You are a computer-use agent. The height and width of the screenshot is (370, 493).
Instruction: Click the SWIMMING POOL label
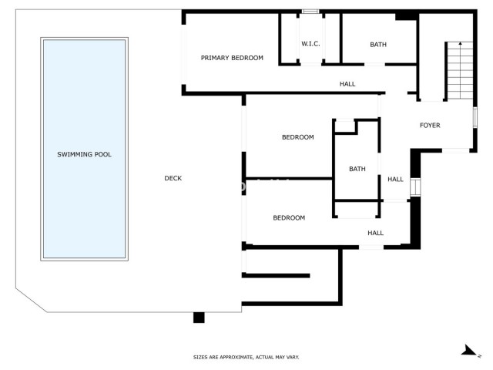[84, 154]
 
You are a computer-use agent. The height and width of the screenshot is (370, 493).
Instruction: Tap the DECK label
[173, 179]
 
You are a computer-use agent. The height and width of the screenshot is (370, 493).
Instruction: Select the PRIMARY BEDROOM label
[232, 58]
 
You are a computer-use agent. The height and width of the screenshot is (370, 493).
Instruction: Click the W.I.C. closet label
[310, 44]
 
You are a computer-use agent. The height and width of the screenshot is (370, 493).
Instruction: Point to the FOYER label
[430, 125]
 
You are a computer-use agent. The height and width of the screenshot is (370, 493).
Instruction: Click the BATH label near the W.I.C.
[378, 45]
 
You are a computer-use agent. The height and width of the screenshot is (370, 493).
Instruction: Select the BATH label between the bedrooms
[357, 169]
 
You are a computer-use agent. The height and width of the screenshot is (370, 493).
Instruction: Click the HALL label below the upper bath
[347, 83]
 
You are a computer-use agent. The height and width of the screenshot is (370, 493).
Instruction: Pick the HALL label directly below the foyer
[395, 180]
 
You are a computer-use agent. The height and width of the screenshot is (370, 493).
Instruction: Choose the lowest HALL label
[375, 233]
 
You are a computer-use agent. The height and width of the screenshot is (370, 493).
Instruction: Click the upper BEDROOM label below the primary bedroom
[297, 137]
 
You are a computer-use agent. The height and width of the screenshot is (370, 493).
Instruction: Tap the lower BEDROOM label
[289, 217]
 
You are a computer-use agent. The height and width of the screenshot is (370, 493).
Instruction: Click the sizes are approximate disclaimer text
[246, 357]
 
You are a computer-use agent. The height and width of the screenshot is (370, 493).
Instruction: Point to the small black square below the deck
[199, 317]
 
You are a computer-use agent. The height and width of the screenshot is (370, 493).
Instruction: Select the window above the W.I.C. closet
[310, 12]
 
